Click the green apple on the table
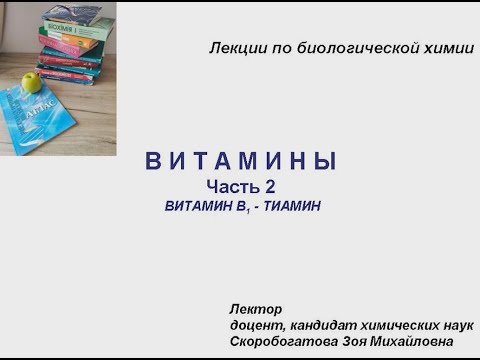pyautogui.click(x=31, y=82)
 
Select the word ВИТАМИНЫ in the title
pyautogui.click(x=241, y=162)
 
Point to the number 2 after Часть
pyautogui.click(x=269, y=186)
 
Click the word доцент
pyautogui.click(x=256, y=325)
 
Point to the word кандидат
pyautogui.click(x=324, y=325)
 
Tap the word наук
pyautogui.click(x=460, y=325)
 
